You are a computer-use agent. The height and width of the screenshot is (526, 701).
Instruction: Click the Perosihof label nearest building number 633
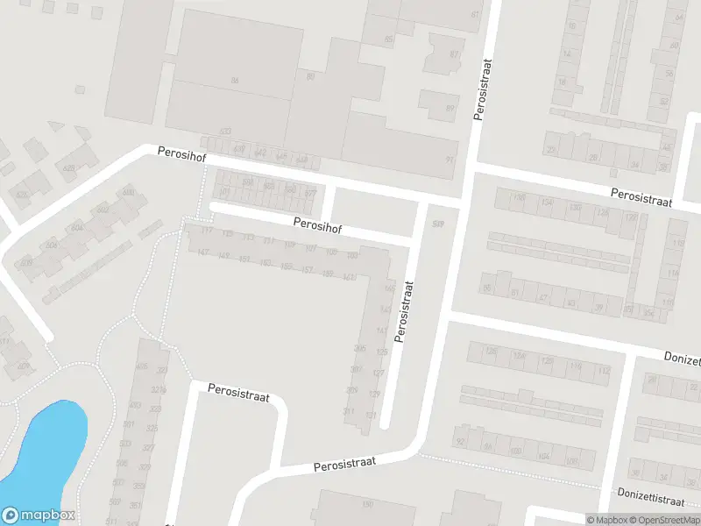pos(181,152)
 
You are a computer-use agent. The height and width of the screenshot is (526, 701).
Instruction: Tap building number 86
pos(234,81)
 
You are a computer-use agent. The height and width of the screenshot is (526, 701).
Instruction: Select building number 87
pos(454,54)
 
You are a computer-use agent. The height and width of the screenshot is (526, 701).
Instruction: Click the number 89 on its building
pos(450,109)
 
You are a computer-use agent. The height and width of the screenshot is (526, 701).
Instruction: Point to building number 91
pos(450,160)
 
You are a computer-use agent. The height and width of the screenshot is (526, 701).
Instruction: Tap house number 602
pos(103,210)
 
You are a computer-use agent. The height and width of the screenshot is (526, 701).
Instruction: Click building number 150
pos(368,504)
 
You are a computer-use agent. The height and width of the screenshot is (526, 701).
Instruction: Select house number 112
pos(602,371)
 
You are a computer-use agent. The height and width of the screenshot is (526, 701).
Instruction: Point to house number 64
pos(679,18)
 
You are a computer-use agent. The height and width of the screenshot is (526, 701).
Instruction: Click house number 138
pos(520,198)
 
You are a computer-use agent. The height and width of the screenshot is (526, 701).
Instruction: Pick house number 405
pos(142,366)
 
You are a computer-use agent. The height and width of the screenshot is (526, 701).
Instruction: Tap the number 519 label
pos(438,225)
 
